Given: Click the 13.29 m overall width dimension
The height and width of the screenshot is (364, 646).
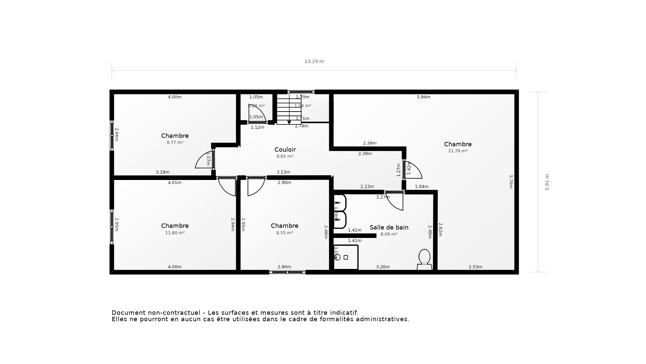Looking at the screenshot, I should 314,61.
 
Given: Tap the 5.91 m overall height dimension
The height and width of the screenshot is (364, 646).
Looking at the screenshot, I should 547,182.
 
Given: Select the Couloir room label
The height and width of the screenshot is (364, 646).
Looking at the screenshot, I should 285,149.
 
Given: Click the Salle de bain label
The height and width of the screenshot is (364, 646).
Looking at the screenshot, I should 389,227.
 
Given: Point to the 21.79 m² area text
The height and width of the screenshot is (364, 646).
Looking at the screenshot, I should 458,151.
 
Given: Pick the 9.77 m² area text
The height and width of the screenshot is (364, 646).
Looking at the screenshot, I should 175,143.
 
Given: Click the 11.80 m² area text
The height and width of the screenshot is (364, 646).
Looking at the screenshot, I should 175,233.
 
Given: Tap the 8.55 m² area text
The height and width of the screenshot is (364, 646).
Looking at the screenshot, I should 284,233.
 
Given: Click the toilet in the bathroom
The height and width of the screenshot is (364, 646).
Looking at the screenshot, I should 424,259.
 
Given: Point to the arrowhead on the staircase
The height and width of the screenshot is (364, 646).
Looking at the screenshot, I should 289,122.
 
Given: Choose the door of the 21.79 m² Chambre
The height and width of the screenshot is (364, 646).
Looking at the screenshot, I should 413,171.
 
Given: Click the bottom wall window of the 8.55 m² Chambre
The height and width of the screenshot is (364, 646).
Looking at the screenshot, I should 287,272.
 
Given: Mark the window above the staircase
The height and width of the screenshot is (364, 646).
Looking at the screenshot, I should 301,92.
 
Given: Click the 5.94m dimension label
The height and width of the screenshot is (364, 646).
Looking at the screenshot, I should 424,97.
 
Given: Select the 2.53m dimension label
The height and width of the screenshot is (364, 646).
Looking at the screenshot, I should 475,267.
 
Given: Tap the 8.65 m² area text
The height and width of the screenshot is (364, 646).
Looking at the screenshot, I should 285,156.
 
